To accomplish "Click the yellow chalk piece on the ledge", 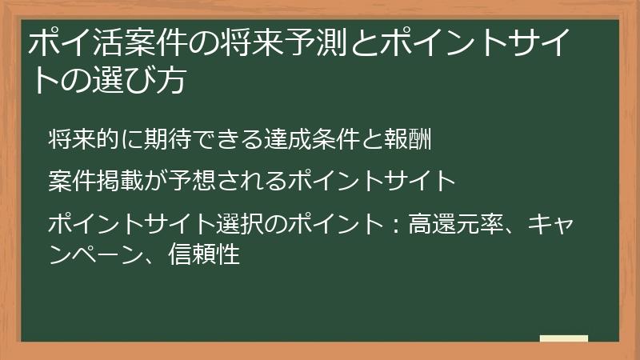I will point(563,339).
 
